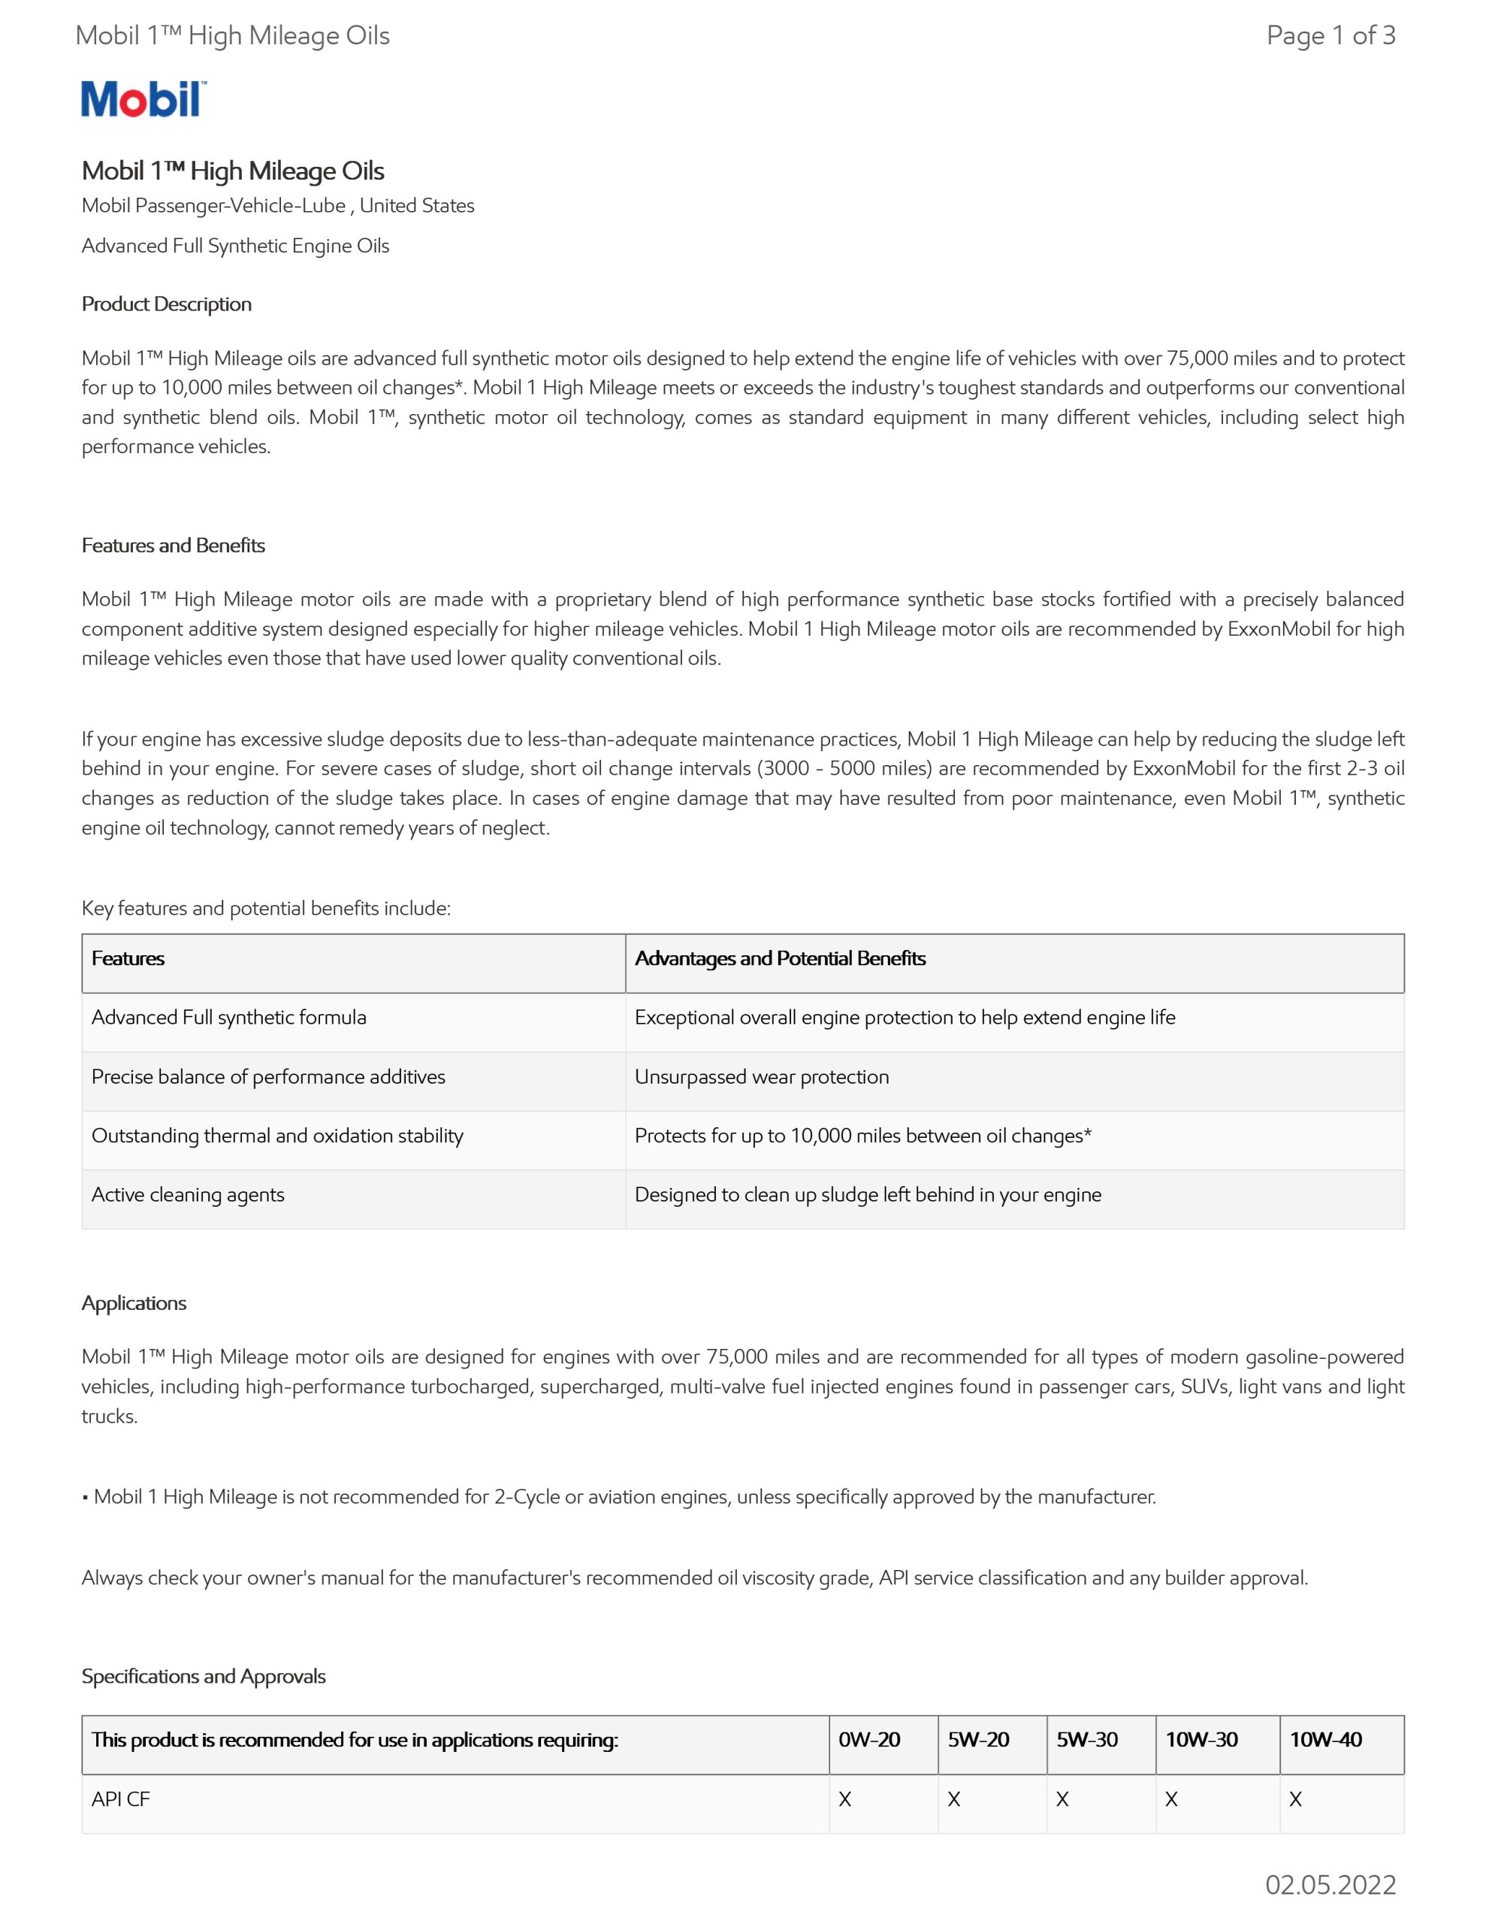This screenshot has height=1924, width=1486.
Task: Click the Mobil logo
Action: (143, 98)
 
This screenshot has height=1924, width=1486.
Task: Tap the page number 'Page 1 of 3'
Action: (1330, 35)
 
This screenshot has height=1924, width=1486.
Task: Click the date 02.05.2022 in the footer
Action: (1330, 1884)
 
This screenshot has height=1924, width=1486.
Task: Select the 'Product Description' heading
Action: (167, 304)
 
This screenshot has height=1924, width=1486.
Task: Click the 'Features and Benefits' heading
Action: (174, 546)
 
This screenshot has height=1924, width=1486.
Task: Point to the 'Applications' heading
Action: (134, 1303)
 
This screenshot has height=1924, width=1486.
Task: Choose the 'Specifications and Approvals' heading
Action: (204, 1675)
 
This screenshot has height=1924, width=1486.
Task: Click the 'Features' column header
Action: (128, 958)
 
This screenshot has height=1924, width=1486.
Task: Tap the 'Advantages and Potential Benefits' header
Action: (781, 958)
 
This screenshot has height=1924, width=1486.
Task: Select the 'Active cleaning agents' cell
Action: (188, 1194)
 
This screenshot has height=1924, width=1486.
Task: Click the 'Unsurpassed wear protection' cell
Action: (762, 1076)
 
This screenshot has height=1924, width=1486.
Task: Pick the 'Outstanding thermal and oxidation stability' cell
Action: (277, 1136)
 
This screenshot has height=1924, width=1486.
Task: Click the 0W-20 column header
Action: (869, 1740)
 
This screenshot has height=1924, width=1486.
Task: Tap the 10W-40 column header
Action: (1326, 1740)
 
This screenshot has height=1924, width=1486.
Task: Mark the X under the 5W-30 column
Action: (1062, 1800)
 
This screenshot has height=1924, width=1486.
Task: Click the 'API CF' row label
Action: (121, 1800)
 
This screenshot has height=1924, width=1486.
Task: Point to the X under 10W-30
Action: (1171, 1800)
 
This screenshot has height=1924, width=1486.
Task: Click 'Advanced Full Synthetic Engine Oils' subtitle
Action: (235, 246)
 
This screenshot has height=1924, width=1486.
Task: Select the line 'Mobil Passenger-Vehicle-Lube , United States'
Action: (277, 205)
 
